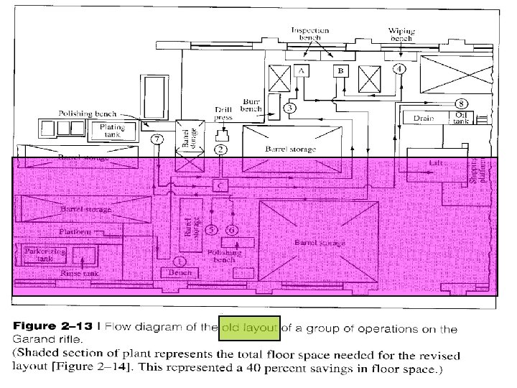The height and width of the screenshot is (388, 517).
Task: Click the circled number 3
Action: point(289,108)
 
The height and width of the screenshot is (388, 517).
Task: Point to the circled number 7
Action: point(158,138)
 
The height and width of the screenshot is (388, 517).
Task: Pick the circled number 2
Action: point(221,149)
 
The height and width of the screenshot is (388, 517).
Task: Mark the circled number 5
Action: point(211,230)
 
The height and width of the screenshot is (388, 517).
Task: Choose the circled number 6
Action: point(231,230)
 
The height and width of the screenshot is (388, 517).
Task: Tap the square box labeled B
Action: point(340,71)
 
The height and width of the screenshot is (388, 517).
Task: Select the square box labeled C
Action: point(220,185)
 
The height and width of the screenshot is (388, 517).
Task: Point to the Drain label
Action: point(422,117)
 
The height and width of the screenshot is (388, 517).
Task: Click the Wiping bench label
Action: point(401,34)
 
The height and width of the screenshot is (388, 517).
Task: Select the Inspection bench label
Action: point(310,34)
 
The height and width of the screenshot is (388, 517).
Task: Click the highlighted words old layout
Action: point(249,328)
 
